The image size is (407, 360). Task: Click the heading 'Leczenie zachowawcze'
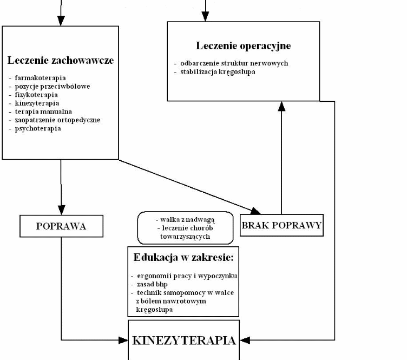pyautogui.click(x=61, y=60)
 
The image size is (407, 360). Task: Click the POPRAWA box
pyautogui.click(x=61, y=226)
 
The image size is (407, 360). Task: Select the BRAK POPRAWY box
pyautogui.click(x=281, y=225)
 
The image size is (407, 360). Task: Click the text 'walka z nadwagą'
pyautogui.click(x=185, y=219)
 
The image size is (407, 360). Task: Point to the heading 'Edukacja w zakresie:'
pyautogui.click(x=183, y=258)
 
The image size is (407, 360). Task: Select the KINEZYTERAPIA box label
pyautogui.click(x=184, y=341)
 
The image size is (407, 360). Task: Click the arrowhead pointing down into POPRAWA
pyautogui.click(x=61, y=210)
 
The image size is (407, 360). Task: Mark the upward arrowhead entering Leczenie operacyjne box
pyautogui.click(x=281, y=106)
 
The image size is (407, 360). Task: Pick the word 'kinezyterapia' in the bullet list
pyautogui.click(x=34, y=103)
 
